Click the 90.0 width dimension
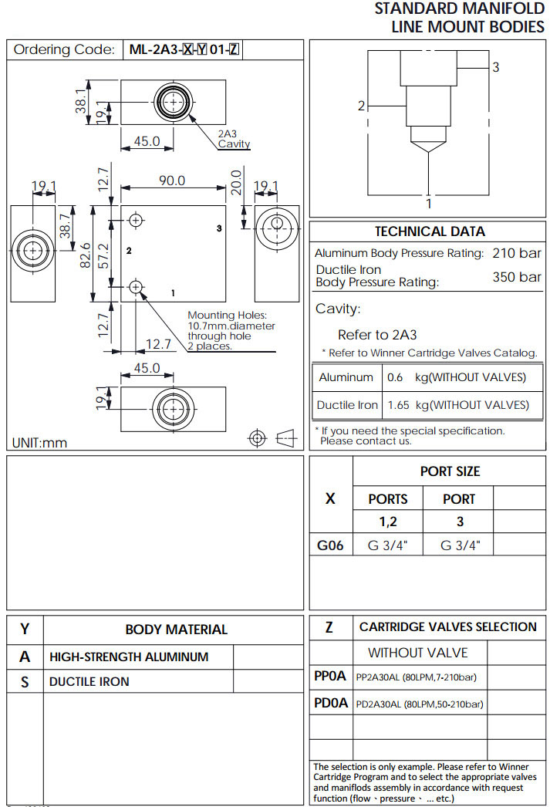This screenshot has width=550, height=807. click(171, 181)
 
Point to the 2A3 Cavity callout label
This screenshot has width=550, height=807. click(233, 139)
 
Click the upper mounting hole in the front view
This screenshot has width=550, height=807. click(137, 220)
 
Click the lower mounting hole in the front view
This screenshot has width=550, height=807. click(137, 287)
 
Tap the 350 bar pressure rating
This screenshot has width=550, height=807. click(517, 277)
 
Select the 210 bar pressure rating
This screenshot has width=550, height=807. click(517, 253)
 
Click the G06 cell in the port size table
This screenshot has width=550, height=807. click(330, 545)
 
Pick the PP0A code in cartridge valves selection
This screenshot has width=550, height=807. click(330, 677)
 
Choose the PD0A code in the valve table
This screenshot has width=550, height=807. click(331, 704)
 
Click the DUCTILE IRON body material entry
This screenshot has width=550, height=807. click(89, 682)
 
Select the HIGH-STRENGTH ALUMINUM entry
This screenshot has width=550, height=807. click(129, 657)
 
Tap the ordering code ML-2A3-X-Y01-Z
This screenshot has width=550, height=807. click(184, 50)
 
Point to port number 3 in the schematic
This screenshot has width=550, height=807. click(496, 67)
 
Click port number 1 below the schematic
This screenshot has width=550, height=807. click(429, 204)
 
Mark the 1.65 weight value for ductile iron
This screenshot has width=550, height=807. click(399, 405)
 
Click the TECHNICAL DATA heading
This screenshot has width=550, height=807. click(430, 231)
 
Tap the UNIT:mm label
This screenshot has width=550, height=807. click(40, 443)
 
